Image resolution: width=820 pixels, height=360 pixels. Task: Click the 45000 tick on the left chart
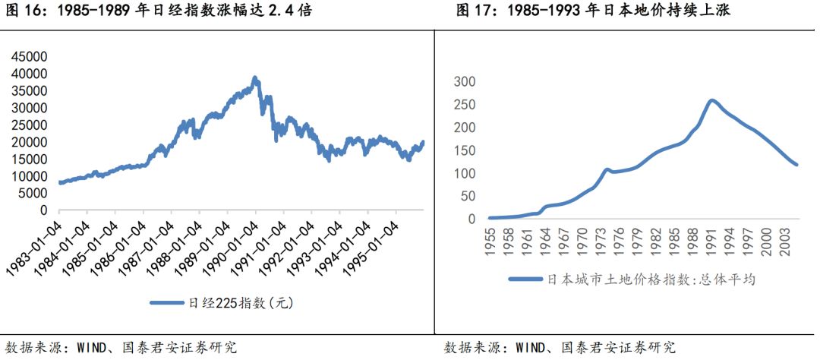pos(30,57)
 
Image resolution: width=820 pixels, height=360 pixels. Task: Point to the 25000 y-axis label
pos(30,125)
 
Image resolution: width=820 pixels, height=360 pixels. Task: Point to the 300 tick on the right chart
pos(464,82)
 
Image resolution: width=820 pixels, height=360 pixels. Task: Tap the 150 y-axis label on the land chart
pos(464,150)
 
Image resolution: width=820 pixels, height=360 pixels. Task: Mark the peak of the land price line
pos(711,99)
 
